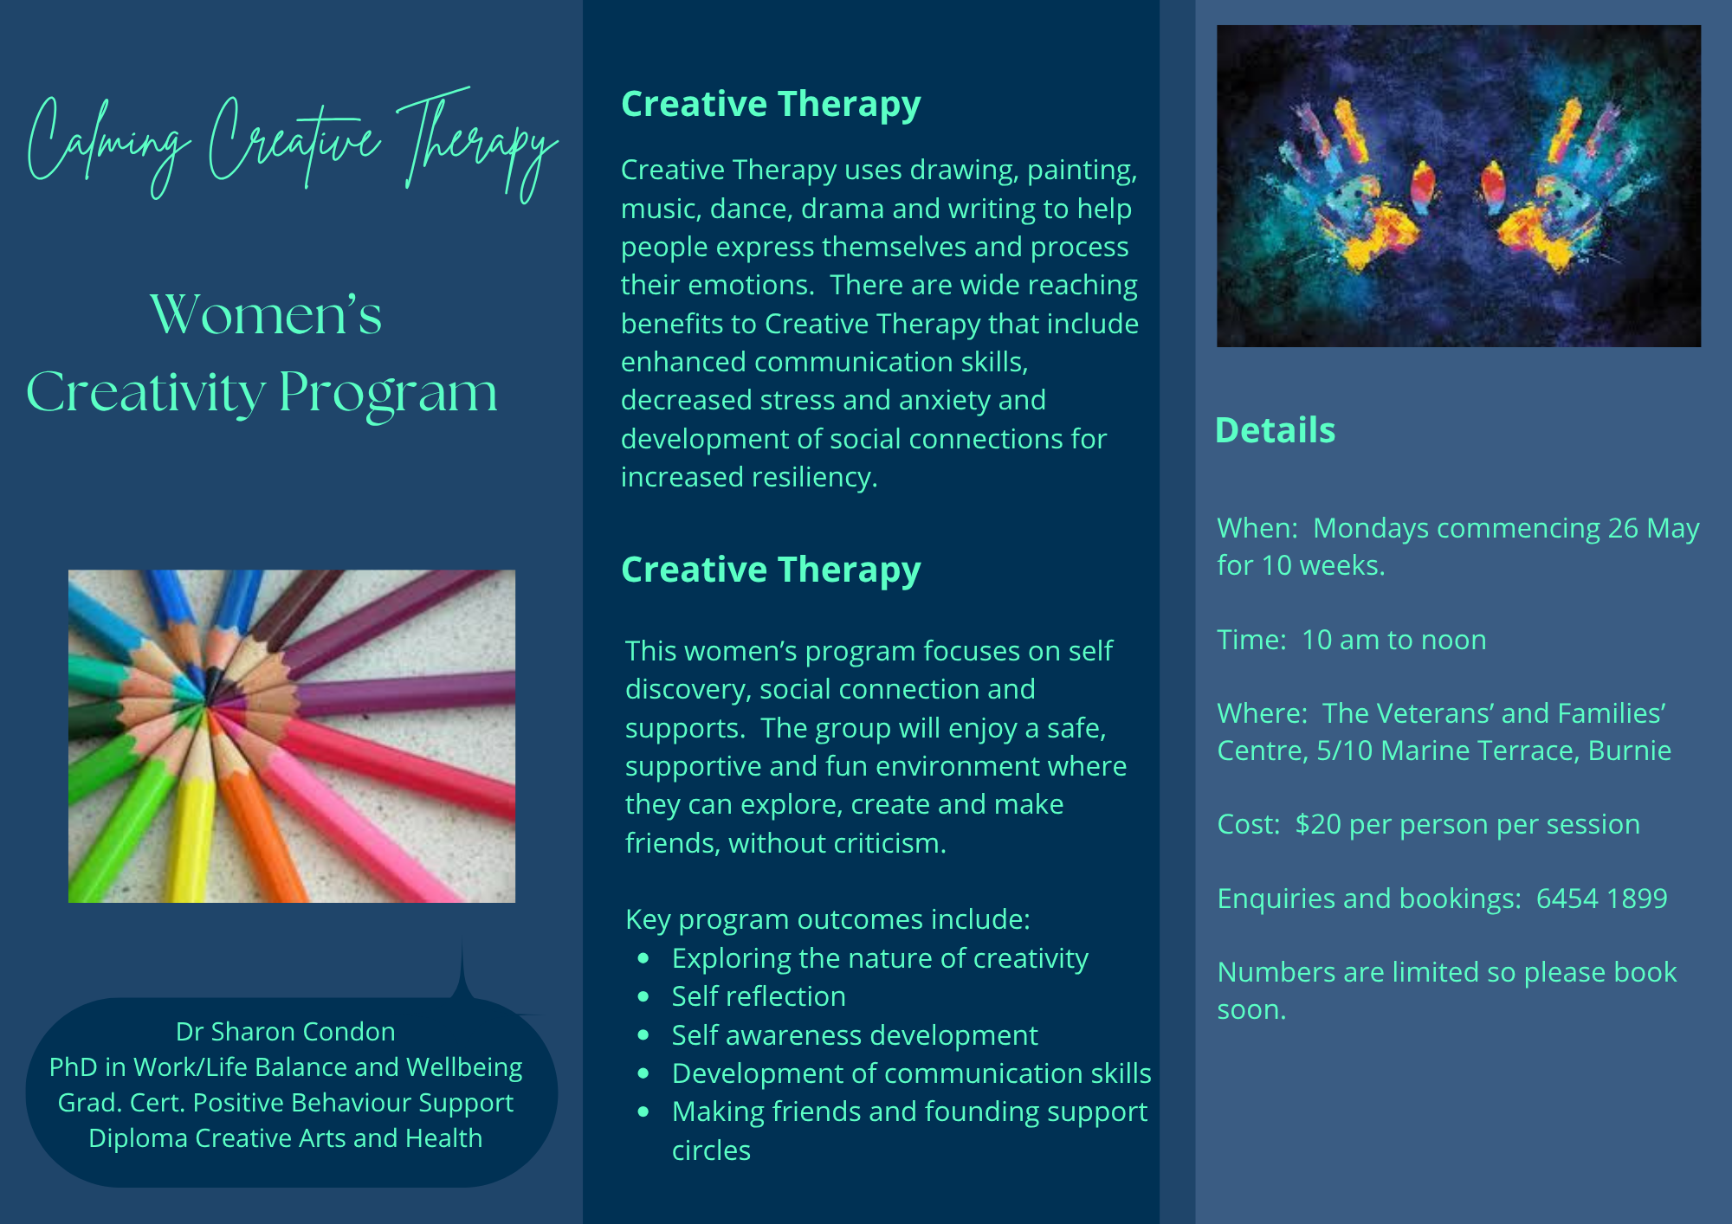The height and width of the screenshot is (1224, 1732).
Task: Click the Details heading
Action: click(1275, 430)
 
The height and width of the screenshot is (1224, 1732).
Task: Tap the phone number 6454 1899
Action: click(1601, 899)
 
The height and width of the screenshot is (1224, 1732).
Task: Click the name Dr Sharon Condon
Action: click(285, 1031)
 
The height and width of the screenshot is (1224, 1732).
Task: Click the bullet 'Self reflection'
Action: click(759, 996)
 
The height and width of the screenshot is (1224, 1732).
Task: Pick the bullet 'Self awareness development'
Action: click(855, 1035)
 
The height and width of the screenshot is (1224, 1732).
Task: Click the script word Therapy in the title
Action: click(478, 143)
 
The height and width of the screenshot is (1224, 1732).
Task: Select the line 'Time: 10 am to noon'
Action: click(1351, 640)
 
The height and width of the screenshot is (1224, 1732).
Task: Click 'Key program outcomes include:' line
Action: click(828, 919)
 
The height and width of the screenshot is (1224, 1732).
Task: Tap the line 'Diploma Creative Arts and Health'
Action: click(285, 1137)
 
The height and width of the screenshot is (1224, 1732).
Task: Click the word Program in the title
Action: click(388, 394)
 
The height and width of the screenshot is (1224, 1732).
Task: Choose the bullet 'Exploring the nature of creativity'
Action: click(880, 958)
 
